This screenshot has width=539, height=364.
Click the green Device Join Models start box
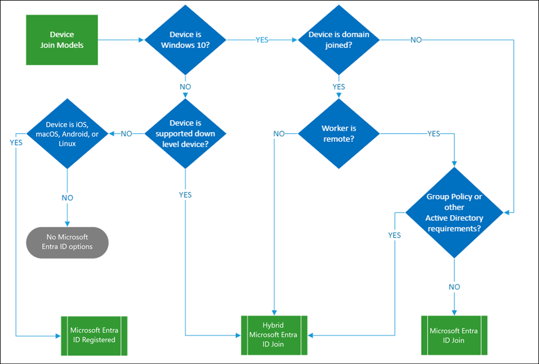(x=62, y=40)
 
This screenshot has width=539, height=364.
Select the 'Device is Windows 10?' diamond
(x=185, y=40)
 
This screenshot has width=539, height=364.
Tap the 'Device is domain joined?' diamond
(x=339, y=40)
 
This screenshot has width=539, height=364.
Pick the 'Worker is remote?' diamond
(x=339, y=134)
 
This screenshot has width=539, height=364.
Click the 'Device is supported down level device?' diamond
(x=185, y=134)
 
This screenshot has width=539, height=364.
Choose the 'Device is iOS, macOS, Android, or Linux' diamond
(x=67, y=134)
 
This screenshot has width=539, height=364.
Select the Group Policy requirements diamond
(x=454, y=213)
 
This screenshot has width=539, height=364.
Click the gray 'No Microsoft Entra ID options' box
(x=67, y=242)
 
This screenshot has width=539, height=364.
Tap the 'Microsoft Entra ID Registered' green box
(x=94, y=335)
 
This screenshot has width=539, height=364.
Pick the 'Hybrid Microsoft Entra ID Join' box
(x=274, y=335)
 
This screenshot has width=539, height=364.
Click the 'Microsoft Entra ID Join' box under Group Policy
(x=454, y=335)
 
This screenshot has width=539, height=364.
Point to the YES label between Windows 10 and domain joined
(x=262, y=40)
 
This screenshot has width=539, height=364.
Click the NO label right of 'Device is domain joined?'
(x=416, y=40)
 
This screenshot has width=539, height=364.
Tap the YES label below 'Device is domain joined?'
(x=339, y=86)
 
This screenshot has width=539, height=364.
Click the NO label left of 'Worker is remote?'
(x=279, y=134)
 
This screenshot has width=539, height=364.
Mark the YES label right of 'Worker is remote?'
(x=433, y=134)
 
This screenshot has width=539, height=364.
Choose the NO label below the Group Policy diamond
(x=454, y=287)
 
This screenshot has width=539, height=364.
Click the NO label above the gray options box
(x=67, y=198)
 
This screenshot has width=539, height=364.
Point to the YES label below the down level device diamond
(x=185, y=195)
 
